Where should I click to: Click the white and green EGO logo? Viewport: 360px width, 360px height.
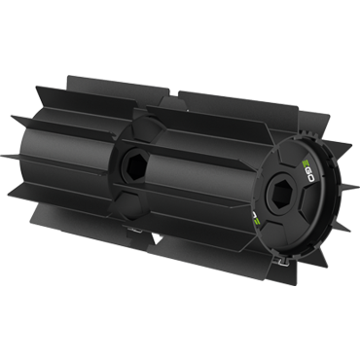pos(307,170)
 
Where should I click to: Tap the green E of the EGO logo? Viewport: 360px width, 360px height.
pos(306,162)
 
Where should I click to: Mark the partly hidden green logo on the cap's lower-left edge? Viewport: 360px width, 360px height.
pos(256,219)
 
